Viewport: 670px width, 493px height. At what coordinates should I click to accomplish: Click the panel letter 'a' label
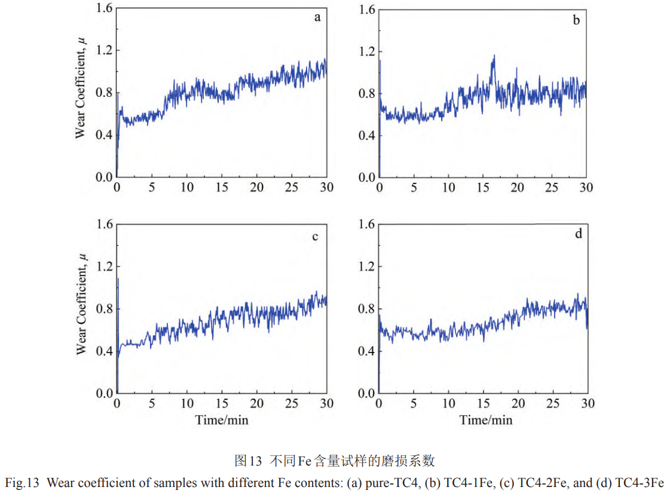tap(317, 17)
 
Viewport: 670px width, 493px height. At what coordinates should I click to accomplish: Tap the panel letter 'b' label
tap(576, 20)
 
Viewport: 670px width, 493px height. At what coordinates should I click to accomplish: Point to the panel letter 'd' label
tap(578, 234)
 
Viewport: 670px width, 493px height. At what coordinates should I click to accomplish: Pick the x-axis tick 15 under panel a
tap(222, 187)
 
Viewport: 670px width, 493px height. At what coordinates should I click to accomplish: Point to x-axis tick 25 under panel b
tap(553, 187)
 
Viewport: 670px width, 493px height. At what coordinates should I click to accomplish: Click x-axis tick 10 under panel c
tap(186, 403)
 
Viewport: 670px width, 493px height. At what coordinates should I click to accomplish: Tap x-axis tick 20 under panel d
tap(518, 403)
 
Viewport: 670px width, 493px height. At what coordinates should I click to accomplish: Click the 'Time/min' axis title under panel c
tap(222, 419)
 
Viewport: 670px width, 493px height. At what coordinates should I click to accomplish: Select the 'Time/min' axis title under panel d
tap(486, 419)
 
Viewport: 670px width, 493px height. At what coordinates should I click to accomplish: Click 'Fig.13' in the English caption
tap(22, 482)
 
